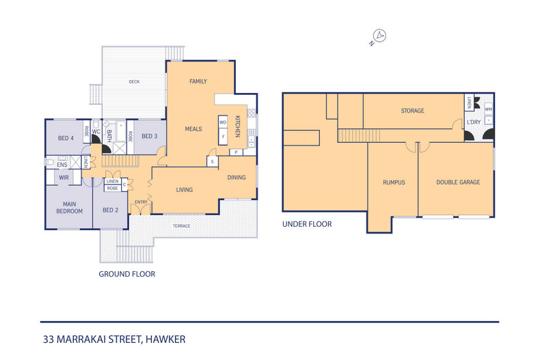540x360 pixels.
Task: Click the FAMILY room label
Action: (198, 81)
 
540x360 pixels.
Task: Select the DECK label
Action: (134, 82)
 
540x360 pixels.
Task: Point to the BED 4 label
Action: (66, 139)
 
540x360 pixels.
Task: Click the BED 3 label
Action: (149, 136)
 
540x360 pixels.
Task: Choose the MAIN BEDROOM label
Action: (69, 207)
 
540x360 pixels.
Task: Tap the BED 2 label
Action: (111, 210)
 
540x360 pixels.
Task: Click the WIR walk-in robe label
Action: (64, 177)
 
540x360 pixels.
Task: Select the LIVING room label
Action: (184, 190)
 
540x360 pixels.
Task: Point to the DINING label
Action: (237, 178)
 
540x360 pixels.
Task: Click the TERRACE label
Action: (181, 226)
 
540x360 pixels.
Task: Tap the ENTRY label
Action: (141, 202)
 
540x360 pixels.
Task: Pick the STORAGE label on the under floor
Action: (412, 111)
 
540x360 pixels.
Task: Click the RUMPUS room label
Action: (394, 182)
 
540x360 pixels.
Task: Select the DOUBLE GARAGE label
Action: (458, 182)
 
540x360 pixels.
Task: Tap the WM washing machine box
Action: (488, 109)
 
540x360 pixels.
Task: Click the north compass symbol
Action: (378, 37)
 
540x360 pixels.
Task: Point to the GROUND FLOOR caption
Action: (126, 274)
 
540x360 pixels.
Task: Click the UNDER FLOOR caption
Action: (307, 223)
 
